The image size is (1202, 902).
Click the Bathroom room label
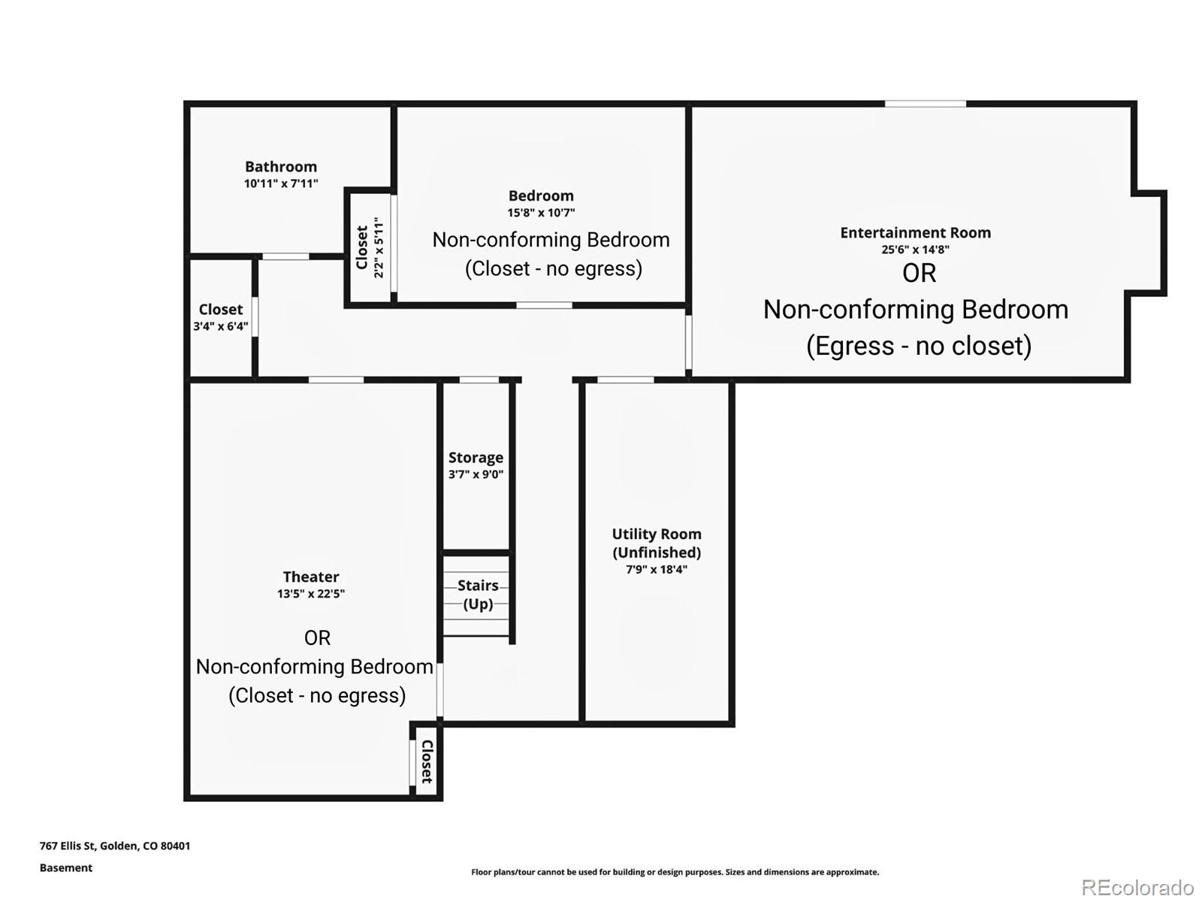click(x=281, y=166)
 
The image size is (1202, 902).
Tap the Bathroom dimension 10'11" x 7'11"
click(x=281, y=183)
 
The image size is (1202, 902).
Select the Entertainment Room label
click(x=916, y=233)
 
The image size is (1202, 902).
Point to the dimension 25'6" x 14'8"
click(x=916, y=250)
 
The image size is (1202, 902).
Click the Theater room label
click(x=311, y=577)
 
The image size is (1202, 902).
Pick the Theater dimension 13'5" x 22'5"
click(x=311, y=594)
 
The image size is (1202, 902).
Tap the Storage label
click(x=476, y=458)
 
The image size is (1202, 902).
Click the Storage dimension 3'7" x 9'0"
click(x=476, y=474)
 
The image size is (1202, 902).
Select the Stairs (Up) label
click(x=478, y=595)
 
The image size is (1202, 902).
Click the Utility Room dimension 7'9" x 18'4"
click(x=657, y=570)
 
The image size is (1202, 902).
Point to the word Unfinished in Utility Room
click(x=657, y=552)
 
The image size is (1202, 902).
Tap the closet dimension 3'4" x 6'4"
click(x=221, y=326)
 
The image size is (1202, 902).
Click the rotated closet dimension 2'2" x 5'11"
click(x=379, y=247)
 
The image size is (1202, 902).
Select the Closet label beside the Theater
click(x=427, y=761)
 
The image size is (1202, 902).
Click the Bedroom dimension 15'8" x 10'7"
click(x=541, y=213)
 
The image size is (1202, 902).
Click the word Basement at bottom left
click(x=65, y=868)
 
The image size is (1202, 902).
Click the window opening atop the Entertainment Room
click(x=926, y=104)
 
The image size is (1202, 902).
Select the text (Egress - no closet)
click(x=919, y=346)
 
